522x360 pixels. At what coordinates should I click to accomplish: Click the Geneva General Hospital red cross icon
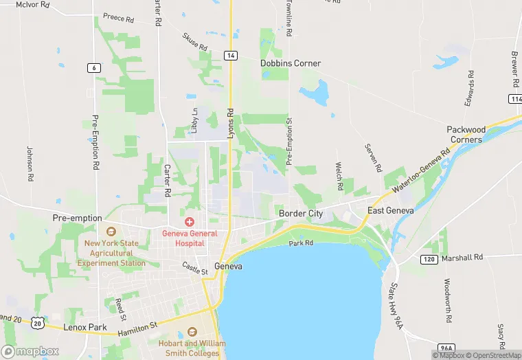pyautogui.click(x=189, y=222)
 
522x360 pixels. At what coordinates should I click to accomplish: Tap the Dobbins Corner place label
pyautogui.click(x=291, y=63)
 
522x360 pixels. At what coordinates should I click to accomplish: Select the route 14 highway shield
pyautogui.click(x=231, y=55)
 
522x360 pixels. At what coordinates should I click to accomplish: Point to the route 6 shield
pyautogui.click(x=93, y=67)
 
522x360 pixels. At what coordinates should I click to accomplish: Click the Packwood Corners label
pyautogui.click(x=466, y=134)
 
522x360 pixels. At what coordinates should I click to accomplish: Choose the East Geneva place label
pyautogui.click(x=391, y=210)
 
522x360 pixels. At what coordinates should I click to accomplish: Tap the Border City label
pyautogui.click(x=301, y=214)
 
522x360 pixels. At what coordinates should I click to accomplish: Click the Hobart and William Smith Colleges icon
pyautogui.click(x=190, y=332)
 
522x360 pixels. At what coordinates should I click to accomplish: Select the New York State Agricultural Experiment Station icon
pyautogui.click(x=111, y=232)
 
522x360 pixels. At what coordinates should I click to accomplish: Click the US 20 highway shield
pyautogui.click(x=38, y=321)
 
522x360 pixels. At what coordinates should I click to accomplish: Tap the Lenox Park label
pyautogui.click(x=85, y=328)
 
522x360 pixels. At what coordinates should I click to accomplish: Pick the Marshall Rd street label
pyautogui.click(x=463, y=258)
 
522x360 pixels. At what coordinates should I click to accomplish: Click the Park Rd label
pyautogui.click(x=301, y=243)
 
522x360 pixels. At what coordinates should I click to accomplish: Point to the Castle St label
pyautogui.click(x=195, y=268)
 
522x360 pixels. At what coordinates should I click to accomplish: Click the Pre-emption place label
pyautogui.click(x=77, y=218)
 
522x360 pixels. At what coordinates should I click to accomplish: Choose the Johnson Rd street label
pyautogui.click(x=30, y=164)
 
